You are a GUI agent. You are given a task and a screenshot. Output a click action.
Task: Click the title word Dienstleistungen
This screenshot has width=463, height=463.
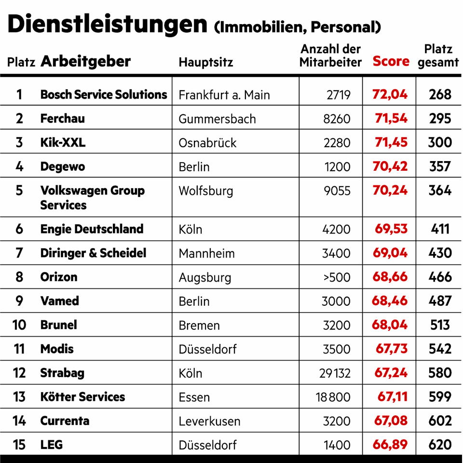pos(107,24)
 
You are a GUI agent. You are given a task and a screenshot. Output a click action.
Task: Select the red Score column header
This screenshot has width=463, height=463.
pos(391,62)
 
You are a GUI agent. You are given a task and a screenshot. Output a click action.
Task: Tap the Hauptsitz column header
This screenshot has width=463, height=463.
pos(206,62)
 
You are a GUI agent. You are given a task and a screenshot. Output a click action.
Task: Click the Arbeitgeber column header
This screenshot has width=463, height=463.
pos(86,61)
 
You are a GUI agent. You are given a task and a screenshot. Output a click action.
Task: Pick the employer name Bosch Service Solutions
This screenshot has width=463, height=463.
pos(104,95)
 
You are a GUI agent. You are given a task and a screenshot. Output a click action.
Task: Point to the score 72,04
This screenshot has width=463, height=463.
pos(390,95)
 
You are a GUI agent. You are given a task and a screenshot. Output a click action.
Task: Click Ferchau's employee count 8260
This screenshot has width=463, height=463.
pos(337,119)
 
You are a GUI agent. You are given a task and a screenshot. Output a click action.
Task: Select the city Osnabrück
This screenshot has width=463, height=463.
pos(208,143)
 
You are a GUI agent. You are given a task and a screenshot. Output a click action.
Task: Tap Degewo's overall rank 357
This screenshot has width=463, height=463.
pos(440,167)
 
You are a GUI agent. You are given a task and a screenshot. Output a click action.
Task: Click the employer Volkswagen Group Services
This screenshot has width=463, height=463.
pos(92,197)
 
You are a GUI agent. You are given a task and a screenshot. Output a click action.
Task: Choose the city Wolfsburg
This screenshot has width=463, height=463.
pos(206,191)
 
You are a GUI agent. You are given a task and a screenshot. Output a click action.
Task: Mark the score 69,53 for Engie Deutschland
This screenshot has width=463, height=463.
pos(391,229)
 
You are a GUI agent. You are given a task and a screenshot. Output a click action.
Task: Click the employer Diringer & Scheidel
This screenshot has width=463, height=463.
pos(93,253)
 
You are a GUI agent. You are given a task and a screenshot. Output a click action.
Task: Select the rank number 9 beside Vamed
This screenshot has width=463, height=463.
pos(19,301)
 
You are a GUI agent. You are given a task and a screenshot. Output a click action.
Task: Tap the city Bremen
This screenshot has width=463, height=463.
pos(199,325)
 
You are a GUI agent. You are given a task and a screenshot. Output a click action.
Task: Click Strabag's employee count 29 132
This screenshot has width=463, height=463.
pos(334,373)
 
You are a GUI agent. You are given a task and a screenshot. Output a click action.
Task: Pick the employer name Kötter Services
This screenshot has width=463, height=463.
pos(82,397)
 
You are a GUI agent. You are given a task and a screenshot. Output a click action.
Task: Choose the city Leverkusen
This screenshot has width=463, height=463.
pos(209,421)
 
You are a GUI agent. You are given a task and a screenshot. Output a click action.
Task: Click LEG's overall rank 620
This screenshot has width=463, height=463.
pos(440,445)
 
